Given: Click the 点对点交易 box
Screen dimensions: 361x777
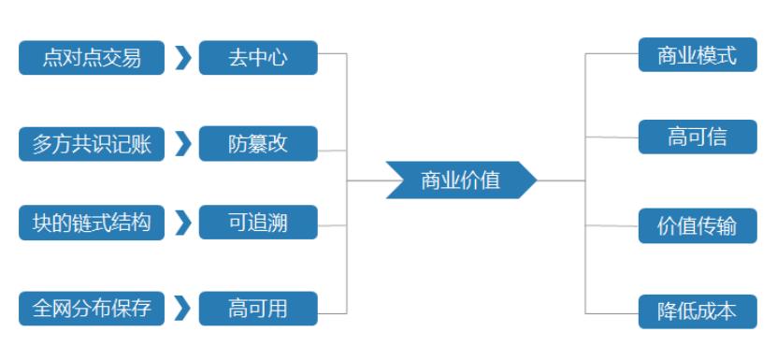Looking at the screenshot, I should [92, 58].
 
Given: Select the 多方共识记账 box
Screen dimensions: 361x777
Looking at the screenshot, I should [92, 144].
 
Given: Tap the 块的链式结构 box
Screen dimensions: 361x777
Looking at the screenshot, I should [92, 224].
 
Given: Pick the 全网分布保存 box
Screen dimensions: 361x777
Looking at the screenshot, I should [92, 308].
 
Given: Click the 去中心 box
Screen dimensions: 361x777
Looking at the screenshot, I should [258, 58].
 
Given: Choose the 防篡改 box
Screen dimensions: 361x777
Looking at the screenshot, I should [258, 144].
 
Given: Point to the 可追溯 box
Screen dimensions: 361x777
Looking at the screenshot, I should [258, 224].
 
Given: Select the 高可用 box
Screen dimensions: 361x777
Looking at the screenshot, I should [258, 308].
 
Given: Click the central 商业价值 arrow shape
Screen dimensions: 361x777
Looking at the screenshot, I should [461, 180].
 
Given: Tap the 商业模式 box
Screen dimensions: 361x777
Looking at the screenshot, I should [698, 54].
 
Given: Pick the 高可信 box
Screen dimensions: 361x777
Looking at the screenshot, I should [698, 137].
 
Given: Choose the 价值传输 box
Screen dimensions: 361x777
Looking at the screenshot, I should [698, 226].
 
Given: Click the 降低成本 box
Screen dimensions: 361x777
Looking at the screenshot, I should [698, 310].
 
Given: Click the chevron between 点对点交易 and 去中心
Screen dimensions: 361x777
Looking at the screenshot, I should [182, 58].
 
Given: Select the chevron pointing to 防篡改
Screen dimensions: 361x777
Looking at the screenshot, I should [182, 144].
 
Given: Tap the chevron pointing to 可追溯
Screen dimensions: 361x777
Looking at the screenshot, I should [182, 224].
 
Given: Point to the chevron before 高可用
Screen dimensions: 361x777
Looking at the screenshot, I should [182, 308].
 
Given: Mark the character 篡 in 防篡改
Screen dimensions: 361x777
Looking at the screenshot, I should [258, 144].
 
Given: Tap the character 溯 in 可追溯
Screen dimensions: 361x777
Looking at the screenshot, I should [278, 224].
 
